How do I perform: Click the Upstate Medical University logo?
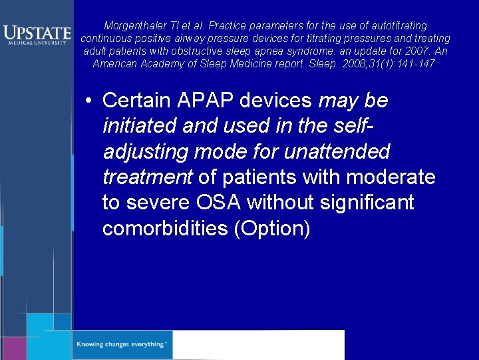[x=36, y=34]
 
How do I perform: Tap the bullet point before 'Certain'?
[x=88, y=101]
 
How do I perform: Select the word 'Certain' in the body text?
[x=137, y=101]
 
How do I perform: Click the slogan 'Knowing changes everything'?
[x=123, y=345]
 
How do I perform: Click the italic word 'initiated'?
[x=137, y=127]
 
